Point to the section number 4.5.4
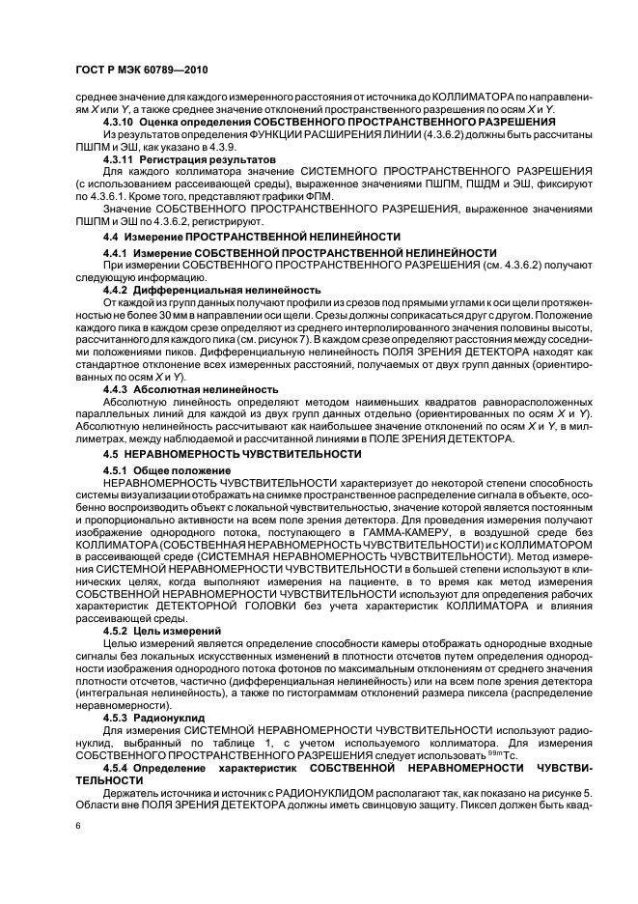coord(119,766)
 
